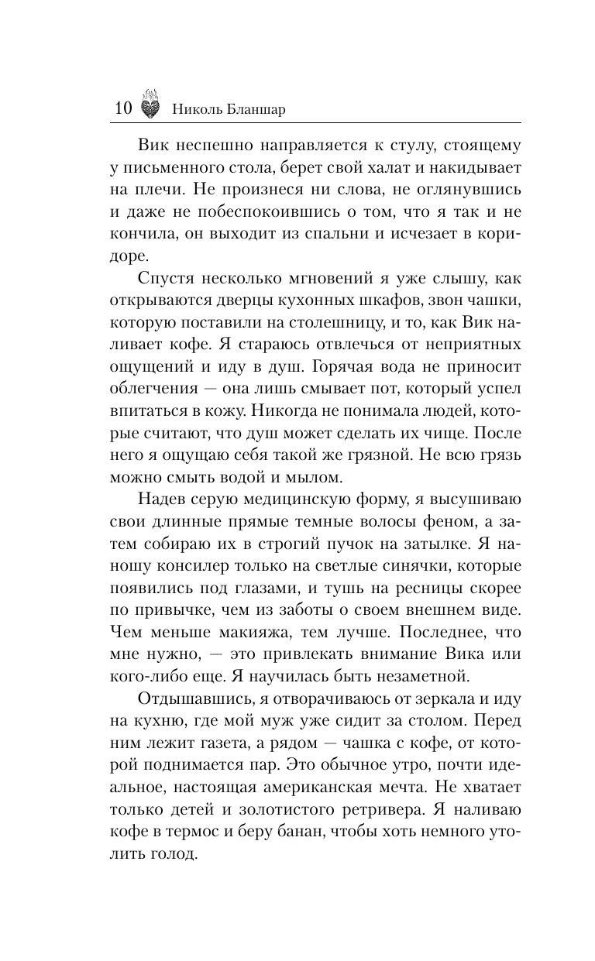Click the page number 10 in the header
point(122,108)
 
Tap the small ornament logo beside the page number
point(151,108)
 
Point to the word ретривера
point(404,808)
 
